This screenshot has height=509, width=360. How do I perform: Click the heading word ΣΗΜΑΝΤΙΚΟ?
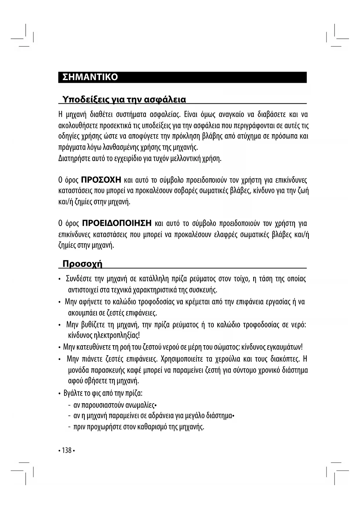coord(90,77)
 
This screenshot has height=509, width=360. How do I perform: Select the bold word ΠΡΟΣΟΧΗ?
coord(101,180)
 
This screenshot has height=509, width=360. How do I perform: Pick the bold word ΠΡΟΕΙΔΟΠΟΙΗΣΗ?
coord(117,223)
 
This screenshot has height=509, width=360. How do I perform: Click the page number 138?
coord(66,450)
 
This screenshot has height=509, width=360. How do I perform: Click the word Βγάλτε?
coord(73,394)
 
